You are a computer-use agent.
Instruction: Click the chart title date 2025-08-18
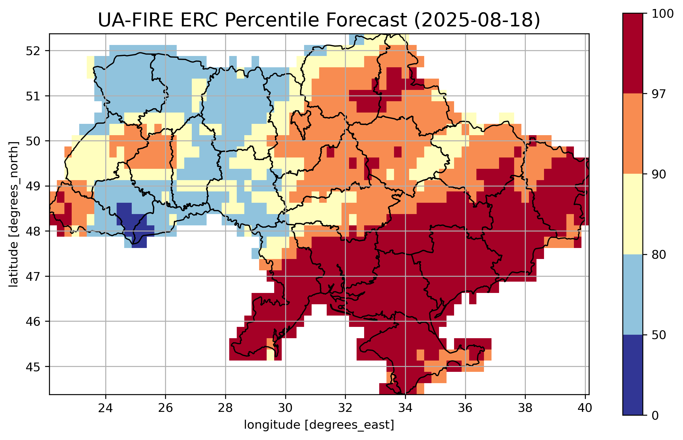tap(477, 20)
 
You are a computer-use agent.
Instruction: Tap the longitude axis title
tap(319, 425)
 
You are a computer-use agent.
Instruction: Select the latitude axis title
tap(14, 214)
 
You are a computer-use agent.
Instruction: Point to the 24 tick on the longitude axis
tap(105, 408)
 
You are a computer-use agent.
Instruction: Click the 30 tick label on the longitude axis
tap(285, 408)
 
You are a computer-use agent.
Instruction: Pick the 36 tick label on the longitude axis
tap(465, 408)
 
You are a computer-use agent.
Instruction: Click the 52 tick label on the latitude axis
tap(32, 51)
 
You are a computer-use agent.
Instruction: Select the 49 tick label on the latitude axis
tap(32, 186)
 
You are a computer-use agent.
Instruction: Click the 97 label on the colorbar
tap(658, 94)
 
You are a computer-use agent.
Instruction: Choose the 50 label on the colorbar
tap(658, 335)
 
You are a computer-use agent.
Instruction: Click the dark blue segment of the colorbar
tap(633, 375)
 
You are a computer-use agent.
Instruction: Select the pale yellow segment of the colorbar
tap(633, 214)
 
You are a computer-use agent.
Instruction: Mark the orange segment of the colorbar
tap(633, 133)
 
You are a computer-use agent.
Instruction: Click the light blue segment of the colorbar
tap(633, 294)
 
